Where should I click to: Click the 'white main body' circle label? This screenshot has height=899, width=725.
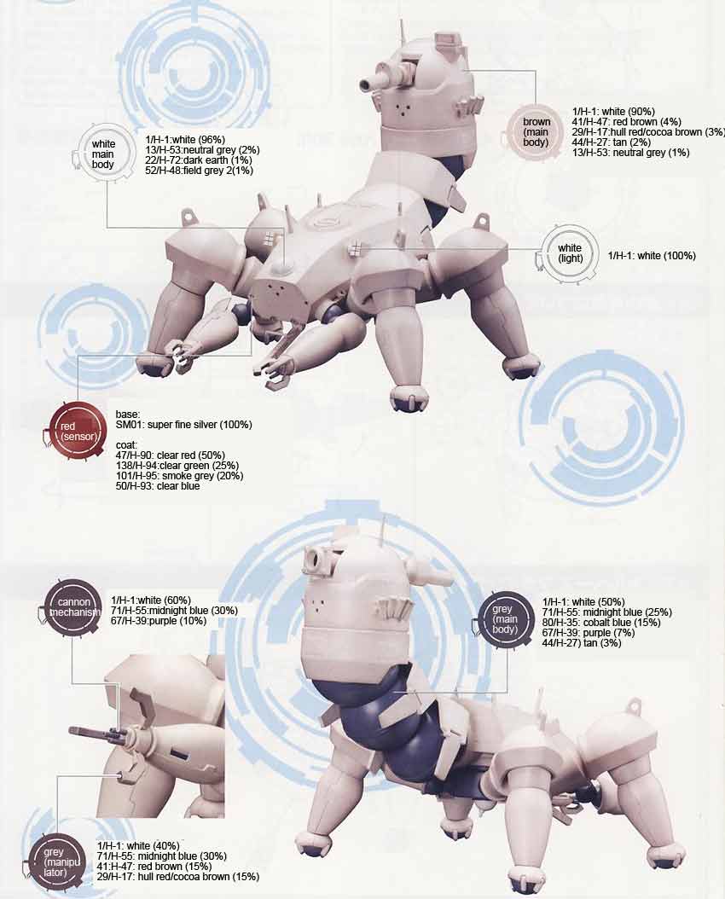[103, 154]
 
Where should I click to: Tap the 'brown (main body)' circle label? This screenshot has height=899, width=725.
[536, 132]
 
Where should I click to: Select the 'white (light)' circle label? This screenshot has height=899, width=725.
[570, 253]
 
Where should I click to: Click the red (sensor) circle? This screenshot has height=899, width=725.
[78, 431]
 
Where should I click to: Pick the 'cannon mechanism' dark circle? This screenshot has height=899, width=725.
[73, 607]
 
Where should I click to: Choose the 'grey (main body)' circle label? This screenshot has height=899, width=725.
[505, 619]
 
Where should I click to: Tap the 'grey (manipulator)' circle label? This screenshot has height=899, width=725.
[55, 862]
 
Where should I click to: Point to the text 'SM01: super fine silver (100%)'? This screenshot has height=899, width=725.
[184, 425]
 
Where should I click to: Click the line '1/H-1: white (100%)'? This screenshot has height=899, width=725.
[652, 255]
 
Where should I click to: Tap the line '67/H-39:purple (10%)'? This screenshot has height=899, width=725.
[159, 621]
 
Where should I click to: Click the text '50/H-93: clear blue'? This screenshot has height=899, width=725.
[158, 486]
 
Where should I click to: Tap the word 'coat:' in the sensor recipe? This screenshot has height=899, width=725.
[126, 445]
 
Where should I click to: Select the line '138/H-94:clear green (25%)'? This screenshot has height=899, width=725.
[177, 466]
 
